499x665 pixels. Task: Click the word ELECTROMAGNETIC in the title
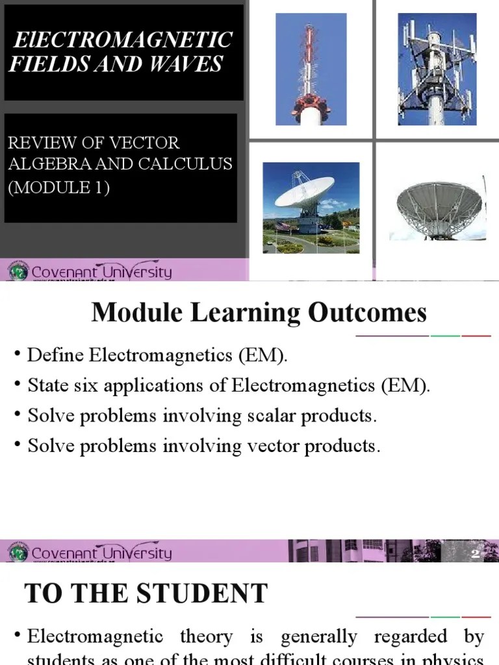tap(123, 40)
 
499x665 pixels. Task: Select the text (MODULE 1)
tap(59, 188)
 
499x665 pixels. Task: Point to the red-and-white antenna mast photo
tap(311, 69)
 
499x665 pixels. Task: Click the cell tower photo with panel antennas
tap(437, 69)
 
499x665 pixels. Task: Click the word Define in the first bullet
tap(56, 356)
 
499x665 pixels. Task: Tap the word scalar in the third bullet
tap(268, 416)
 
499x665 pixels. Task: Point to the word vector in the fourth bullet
tap(270, 446)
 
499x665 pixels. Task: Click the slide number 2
tap(475, 553)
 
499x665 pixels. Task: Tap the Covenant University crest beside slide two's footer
tap(18, 553)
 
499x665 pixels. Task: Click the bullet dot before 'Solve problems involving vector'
tap(17, 445)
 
